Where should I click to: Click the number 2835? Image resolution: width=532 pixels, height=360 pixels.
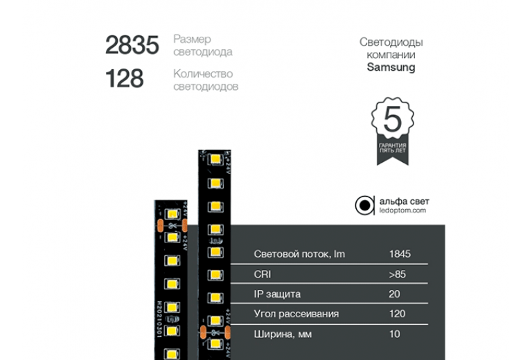click(132, 46)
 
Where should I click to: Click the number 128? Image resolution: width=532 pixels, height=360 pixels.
click(124, 79)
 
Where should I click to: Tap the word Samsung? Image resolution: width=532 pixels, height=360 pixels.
click(391, 67)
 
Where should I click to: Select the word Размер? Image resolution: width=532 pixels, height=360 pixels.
click(192, 39)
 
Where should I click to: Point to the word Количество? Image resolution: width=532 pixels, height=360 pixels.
click(203, 73)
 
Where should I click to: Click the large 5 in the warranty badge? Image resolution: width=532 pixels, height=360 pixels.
click(392, 120)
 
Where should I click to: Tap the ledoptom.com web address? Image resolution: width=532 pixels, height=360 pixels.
click(402, 210)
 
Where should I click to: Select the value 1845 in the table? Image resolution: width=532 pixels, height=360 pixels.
click(400, 254)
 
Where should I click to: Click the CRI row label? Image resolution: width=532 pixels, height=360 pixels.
click(263, 274)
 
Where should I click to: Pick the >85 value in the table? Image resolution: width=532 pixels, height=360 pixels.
click(398, 274)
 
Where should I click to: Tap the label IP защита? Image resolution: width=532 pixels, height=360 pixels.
click(277, 294)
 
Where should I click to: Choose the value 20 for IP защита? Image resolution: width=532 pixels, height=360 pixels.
click(395, 294)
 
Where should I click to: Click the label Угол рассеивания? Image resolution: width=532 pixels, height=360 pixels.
click(296, 314)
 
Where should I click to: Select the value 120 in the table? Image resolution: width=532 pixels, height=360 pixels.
click(397, 314)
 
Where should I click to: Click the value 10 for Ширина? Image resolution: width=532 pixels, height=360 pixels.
click(394, 334)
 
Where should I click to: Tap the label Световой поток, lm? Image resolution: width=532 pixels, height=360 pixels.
click(299, 254)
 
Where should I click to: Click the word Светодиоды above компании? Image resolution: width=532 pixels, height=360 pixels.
click(391, 42)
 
